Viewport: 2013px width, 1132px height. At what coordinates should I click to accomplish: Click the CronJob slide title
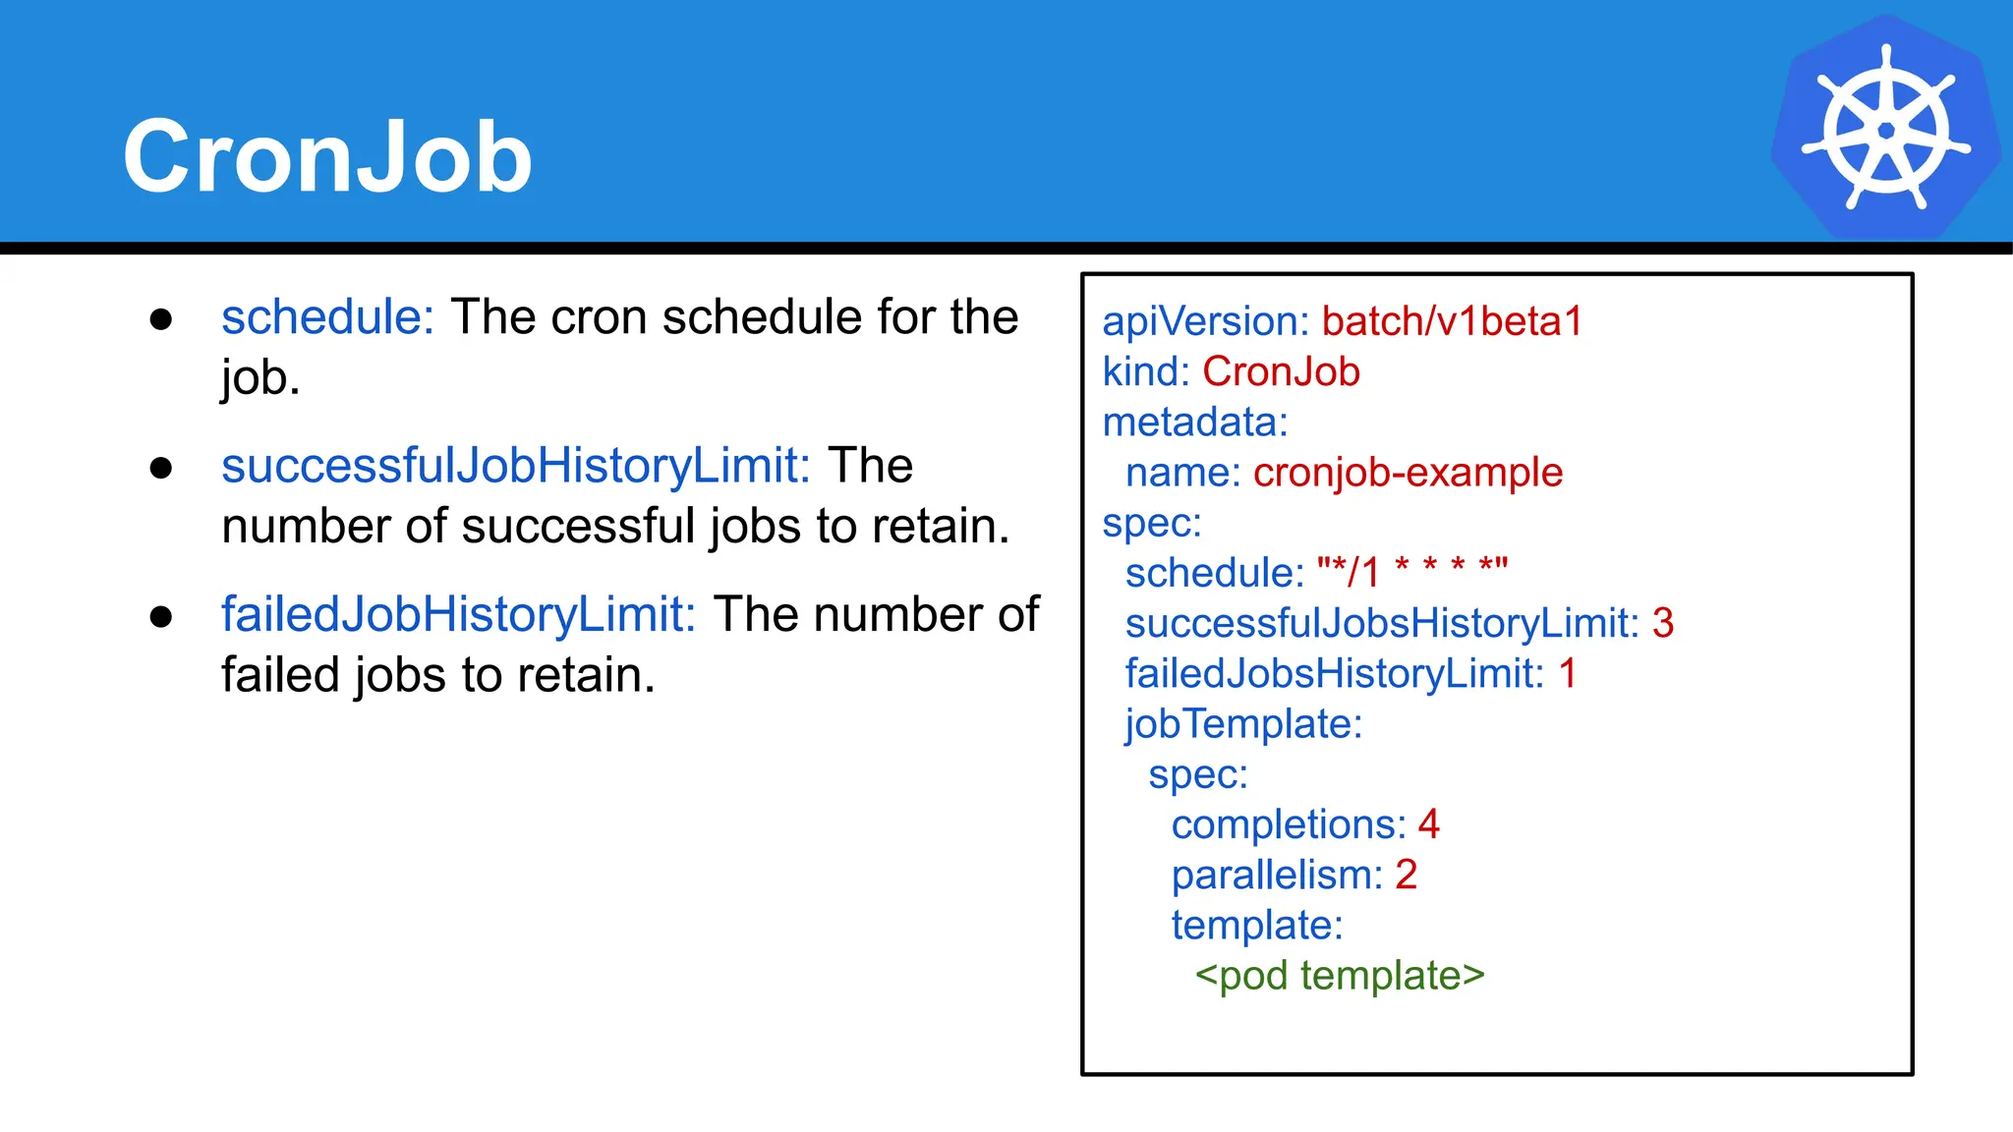327,156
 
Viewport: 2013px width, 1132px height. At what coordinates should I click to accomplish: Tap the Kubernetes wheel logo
1885,128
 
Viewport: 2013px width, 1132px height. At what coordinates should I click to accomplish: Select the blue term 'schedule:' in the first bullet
327,317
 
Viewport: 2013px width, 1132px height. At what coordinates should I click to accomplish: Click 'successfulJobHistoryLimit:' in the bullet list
515,466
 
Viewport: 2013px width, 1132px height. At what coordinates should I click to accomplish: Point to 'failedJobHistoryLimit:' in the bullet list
458,615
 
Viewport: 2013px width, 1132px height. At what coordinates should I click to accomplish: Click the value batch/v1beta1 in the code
1452,321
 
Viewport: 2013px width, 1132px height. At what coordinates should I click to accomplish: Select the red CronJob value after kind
1281,372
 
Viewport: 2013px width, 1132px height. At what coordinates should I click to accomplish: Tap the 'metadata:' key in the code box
1194,423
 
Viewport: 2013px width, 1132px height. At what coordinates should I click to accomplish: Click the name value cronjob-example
1408,473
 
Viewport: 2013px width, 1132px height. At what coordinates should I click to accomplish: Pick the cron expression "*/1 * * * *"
1411,572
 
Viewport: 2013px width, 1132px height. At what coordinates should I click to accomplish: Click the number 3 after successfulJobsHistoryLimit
1663,623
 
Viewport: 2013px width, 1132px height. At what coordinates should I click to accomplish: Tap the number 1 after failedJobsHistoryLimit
1568,674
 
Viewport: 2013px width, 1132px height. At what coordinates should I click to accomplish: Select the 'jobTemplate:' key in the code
1243,724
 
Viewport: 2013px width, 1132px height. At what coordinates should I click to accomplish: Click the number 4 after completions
1429,824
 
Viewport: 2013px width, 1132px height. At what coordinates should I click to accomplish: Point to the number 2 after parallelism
1406,875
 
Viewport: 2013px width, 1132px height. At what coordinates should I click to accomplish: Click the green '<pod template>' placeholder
1339,976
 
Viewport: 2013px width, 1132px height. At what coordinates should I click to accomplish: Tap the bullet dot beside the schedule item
161,319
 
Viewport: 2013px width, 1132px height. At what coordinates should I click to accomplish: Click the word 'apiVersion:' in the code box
1205,321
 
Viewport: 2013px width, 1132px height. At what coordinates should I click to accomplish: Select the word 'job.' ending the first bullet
260,378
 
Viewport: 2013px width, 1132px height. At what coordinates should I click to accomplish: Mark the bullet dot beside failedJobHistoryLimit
161,617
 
